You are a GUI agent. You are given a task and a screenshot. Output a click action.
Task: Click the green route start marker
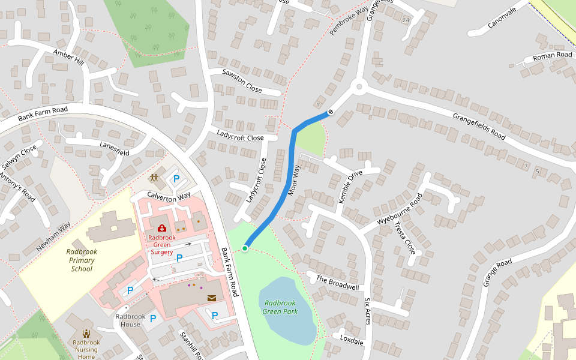(245, 248)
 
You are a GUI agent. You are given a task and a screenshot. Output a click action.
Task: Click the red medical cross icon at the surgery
(161, 228)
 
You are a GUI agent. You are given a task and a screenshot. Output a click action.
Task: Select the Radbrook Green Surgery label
(161, 245)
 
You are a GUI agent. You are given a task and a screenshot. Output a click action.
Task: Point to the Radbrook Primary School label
(82, 260)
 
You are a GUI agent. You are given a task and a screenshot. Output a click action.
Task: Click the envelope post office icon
(212, 298)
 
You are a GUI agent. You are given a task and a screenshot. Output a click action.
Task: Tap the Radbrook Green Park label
(280, 307)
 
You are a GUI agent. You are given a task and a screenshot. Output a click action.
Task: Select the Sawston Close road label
(242, 80)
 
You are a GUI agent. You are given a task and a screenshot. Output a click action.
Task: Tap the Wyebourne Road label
(400, 209)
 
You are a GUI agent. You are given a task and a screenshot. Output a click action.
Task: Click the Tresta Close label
(404, 237)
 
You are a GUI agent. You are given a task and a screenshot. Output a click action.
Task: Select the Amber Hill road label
(68, 58)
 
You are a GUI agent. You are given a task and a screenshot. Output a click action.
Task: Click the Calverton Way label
(169, 196)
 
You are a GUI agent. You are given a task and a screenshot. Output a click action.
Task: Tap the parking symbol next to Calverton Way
(176, 179)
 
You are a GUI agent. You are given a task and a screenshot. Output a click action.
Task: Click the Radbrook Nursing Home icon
(86, 334)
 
